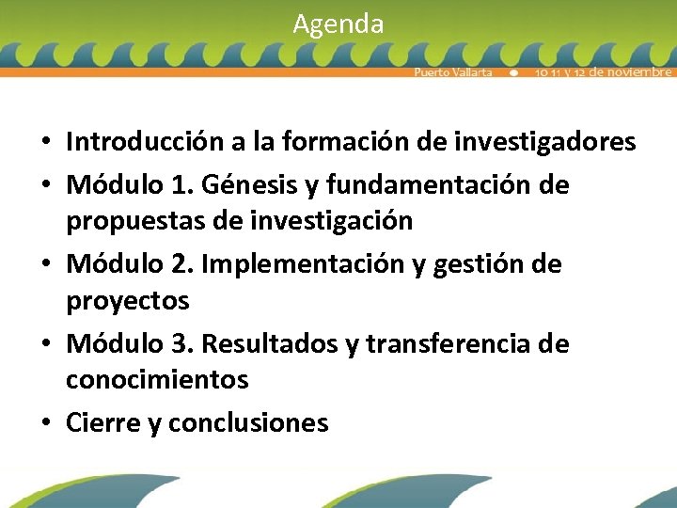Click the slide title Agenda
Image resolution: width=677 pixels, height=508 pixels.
[x=338, y=24]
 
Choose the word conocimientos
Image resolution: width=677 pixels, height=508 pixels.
[x=157, y=380]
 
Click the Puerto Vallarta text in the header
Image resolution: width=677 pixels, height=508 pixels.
[x=453, y=72]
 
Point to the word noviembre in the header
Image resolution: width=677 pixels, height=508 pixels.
[x=636, y=72]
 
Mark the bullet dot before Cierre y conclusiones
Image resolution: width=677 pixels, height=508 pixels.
[x=45, y=424]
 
